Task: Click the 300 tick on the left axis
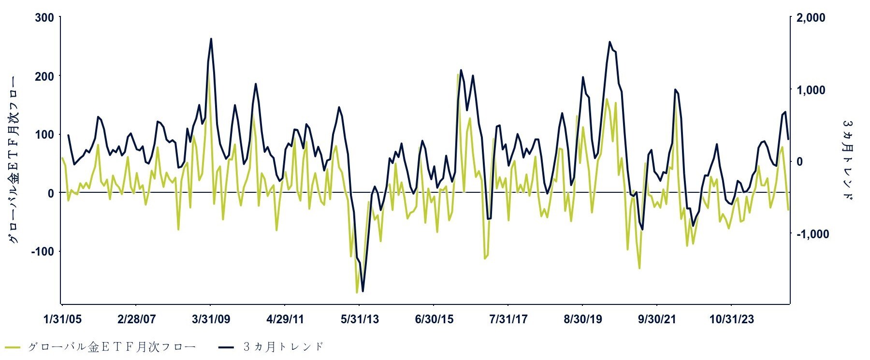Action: [44, 18]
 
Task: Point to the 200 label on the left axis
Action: [44, 76]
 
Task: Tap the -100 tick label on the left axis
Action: [43, 251]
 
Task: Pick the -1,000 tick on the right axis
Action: [812, 234]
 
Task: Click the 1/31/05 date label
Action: [62, 319]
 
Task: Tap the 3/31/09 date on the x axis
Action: [211, 319]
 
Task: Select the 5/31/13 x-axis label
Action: [360, 319]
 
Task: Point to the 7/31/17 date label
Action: [508, 319]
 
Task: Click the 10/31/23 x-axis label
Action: [731, 319]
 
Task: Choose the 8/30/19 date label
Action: [582, 319]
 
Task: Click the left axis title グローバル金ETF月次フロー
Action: [14, 159]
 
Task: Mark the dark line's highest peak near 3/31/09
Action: [211, 39]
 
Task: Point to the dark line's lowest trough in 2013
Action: [362, 291]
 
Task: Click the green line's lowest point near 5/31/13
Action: [357, 293]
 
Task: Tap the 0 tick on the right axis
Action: [799, 162]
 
